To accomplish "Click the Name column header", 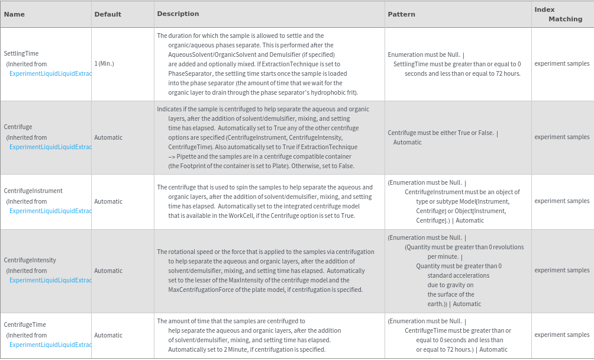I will click(14, 14).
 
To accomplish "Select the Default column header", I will click(108, 14).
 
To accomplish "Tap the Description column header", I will click(177, 14).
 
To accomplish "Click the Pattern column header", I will click(401, 14).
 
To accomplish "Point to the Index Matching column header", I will click(558, 14).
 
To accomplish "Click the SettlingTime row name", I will click(21, 53).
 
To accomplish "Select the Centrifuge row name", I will click(18, 127).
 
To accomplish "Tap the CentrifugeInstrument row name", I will click(33, 191).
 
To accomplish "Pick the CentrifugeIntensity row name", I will click(30, 260).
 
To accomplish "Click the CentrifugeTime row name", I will click(25, 324).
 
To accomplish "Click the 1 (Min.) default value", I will click(104, 63).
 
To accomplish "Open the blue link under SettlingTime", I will click(50, 73).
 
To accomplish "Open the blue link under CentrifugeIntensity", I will click(50, 280).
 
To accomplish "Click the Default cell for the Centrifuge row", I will click(108, 137).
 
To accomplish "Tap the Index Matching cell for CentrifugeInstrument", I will click(561, 201).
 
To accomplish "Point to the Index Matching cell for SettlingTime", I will click(561, 63).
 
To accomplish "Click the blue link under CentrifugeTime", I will click(50, 345).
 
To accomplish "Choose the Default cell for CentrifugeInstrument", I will click(108, 201).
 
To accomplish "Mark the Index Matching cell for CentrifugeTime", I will click(561, 335).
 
